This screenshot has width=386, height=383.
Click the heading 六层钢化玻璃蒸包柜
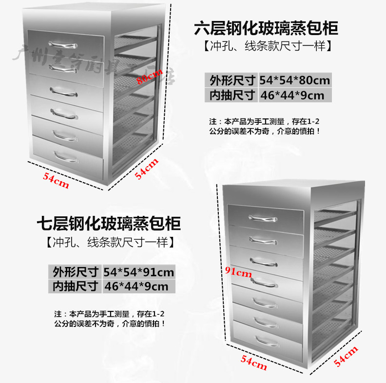point(266,28)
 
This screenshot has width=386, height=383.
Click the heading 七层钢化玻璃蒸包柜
point(109,224)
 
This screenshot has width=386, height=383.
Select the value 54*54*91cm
point(139,272)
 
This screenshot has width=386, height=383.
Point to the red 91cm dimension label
point(238,272)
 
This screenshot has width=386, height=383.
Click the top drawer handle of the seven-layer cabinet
point(264,218)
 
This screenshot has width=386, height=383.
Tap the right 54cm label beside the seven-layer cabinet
point(346,357)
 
